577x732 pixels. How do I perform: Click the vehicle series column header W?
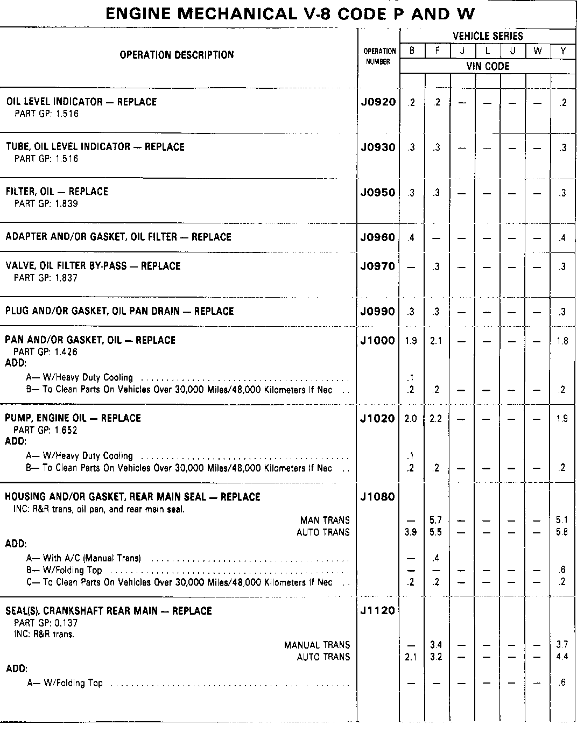click(x=538, y=51)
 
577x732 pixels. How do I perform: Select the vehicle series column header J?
click(x=462, y=51)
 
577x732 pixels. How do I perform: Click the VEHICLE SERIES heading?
click(x=488, y=36)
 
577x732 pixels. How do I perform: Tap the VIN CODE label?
click(x=488, y=66)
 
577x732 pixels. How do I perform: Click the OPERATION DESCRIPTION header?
click(x=177, y=55)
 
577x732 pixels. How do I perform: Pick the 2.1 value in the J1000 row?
click(x=437, y=341)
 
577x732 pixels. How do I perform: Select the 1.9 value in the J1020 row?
click(x=562, y=419)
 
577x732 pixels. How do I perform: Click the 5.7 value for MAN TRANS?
click(x=437, y=520)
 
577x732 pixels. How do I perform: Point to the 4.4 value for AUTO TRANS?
click(x=562, y=657)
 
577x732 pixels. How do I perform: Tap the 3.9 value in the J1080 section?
click(x=411, y=532)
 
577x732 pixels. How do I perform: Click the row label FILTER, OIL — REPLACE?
click(x=57, y=192)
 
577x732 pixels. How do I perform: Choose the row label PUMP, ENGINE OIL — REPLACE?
click(x=73, y=418)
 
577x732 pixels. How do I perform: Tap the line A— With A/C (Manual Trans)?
click(x=83, y=558)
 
